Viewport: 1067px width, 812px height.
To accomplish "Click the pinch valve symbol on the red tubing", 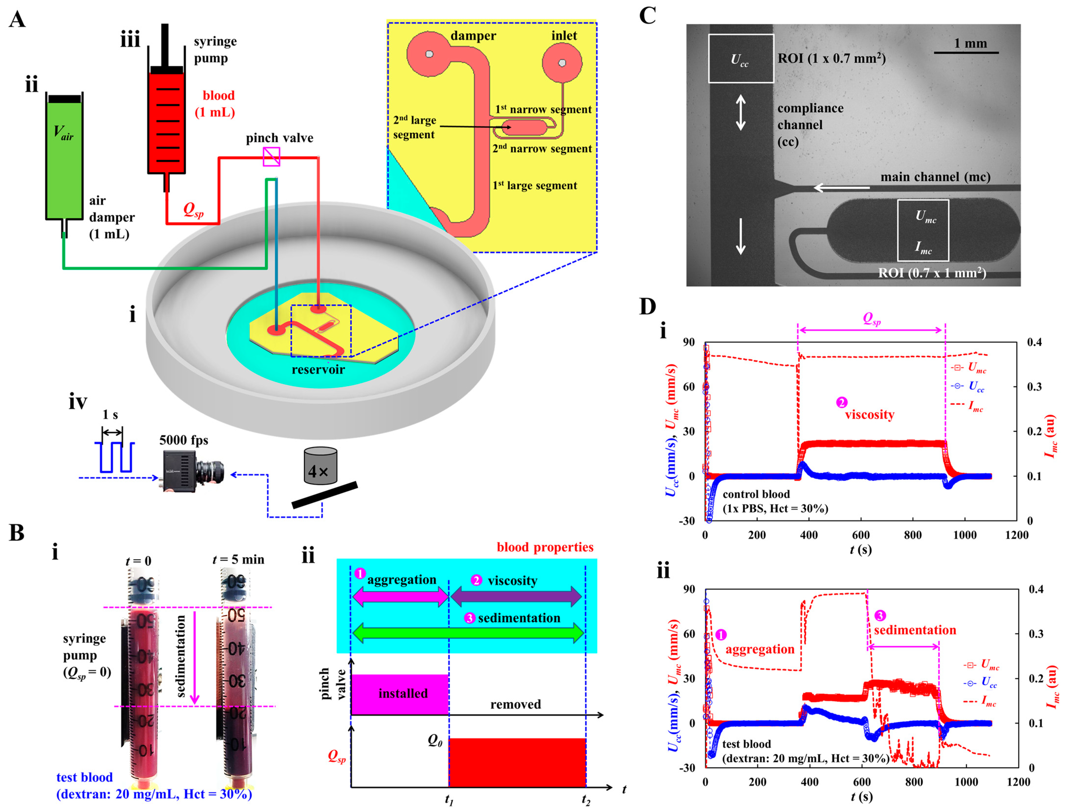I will coord(271,157).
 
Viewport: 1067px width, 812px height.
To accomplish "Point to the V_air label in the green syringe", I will coord(63,132).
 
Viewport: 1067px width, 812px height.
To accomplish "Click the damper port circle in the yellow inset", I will coord(429,54).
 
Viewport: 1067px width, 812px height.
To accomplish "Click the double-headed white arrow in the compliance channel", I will coord(740,113).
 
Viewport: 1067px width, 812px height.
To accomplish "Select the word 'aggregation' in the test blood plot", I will coord(760,650).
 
